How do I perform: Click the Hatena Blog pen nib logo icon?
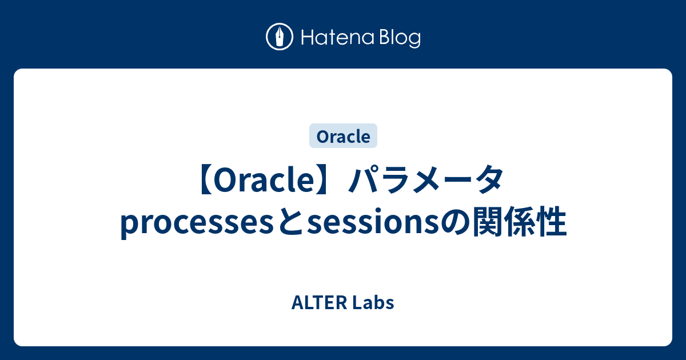click(x=280, y=37)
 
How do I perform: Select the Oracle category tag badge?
click(x=343, y=137)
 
